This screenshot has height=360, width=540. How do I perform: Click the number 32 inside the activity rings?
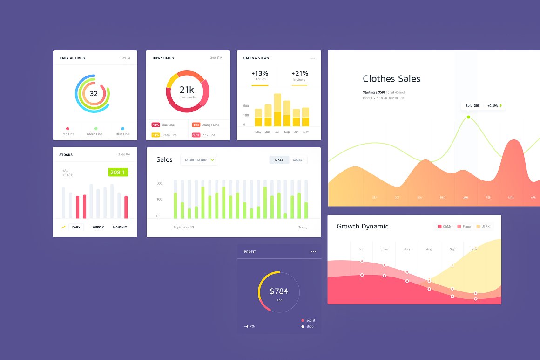(x=94, y=93)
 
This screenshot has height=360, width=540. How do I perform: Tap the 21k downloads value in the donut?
(x=187, y=90)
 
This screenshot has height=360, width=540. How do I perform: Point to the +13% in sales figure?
(x=260, y=74)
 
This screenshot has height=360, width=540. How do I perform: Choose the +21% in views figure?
(x=300, y=74)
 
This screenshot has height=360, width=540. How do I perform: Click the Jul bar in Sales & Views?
(x=277, y=111)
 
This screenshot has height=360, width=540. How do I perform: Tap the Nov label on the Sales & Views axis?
(x=305, y=132)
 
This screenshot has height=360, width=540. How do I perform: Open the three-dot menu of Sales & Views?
(x=312, y=58)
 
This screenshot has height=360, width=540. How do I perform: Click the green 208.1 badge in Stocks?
(x=118, y=172)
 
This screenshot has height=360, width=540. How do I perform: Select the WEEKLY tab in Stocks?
(x=98, y=227)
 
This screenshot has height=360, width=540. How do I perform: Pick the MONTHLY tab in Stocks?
(x=120, y=227)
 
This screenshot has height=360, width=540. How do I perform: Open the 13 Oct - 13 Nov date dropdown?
(x=199, y=160)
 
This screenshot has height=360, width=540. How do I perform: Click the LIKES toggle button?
(x=279, y=160)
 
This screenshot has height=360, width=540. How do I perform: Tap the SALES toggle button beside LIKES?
(x=297, y=160)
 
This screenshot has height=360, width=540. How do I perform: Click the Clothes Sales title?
(x=391, y=79)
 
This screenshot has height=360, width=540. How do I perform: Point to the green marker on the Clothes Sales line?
(x=468, y=117)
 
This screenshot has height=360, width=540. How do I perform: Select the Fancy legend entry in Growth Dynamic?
(x=464, y=227)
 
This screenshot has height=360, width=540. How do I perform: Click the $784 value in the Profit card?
(x=279, y=291)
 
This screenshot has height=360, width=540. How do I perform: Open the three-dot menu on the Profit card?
(x=313, y=252)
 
